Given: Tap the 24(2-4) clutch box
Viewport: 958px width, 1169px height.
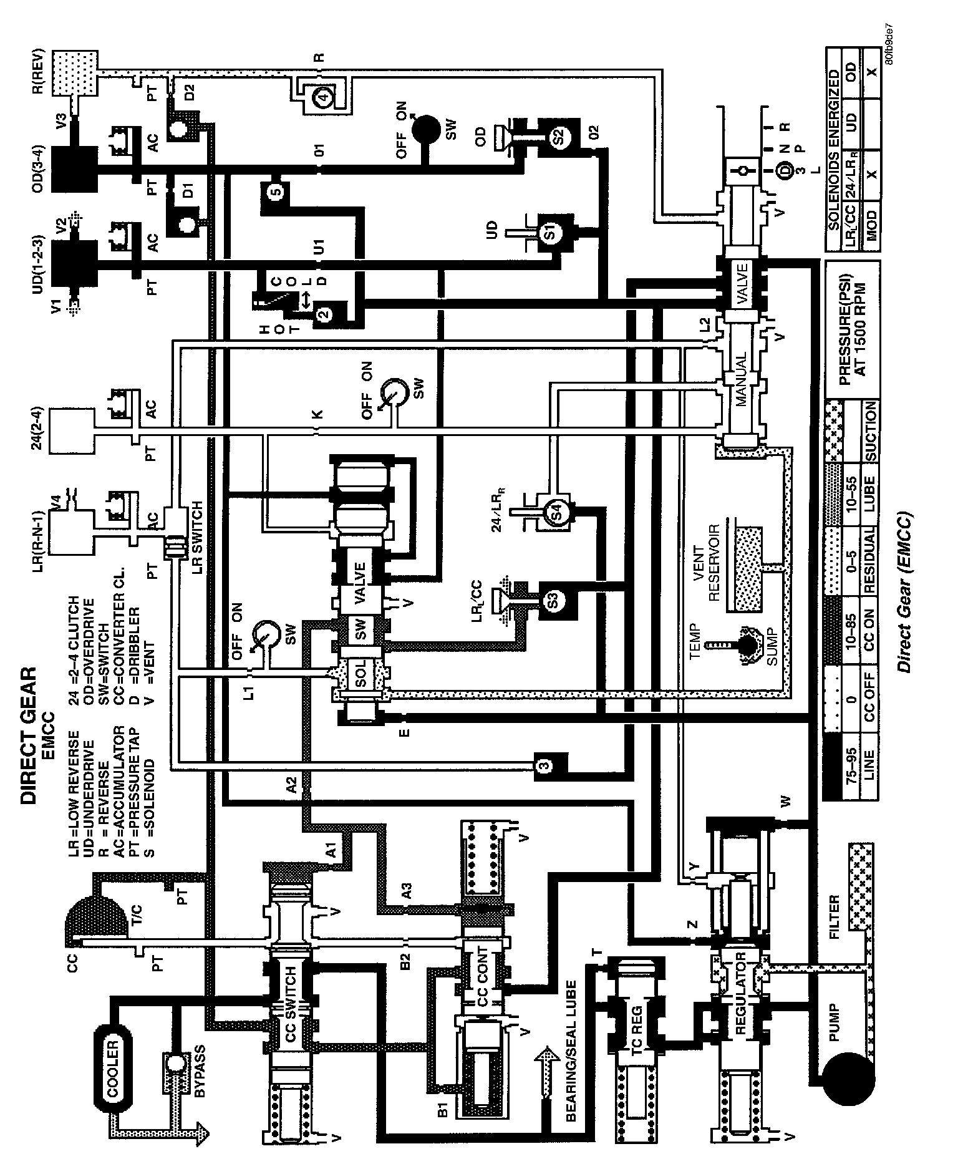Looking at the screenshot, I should click(72, 430).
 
